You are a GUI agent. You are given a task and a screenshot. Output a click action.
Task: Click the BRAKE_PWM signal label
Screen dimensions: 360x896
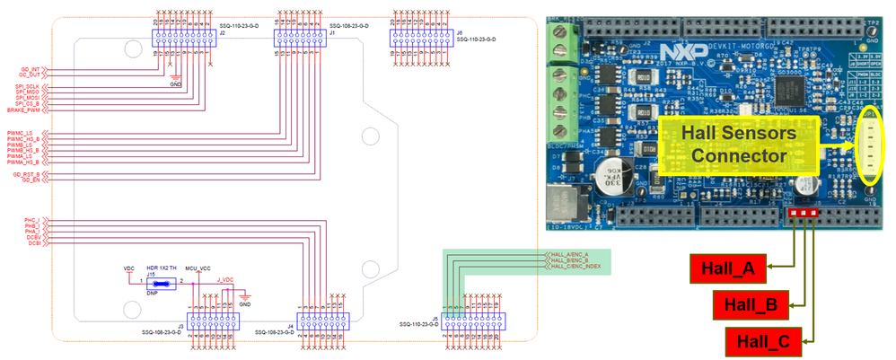tap(24, 110)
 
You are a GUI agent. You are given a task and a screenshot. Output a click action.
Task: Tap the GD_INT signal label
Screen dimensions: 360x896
tap(30, 67)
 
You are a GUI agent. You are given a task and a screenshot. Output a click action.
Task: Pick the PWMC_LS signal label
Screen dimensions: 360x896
tap(21, 133)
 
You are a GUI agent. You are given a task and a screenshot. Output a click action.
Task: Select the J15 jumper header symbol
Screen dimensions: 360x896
tap(159, 282)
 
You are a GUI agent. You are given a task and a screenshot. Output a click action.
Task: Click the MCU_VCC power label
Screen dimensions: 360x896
tap(197, 268)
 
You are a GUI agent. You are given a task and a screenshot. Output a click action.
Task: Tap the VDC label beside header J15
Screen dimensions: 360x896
tap(128, 268)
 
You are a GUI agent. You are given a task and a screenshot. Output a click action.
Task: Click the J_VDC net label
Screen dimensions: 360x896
tap(224, 280)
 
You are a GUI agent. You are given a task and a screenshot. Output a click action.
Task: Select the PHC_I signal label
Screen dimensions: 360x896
tap(31, 219)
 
